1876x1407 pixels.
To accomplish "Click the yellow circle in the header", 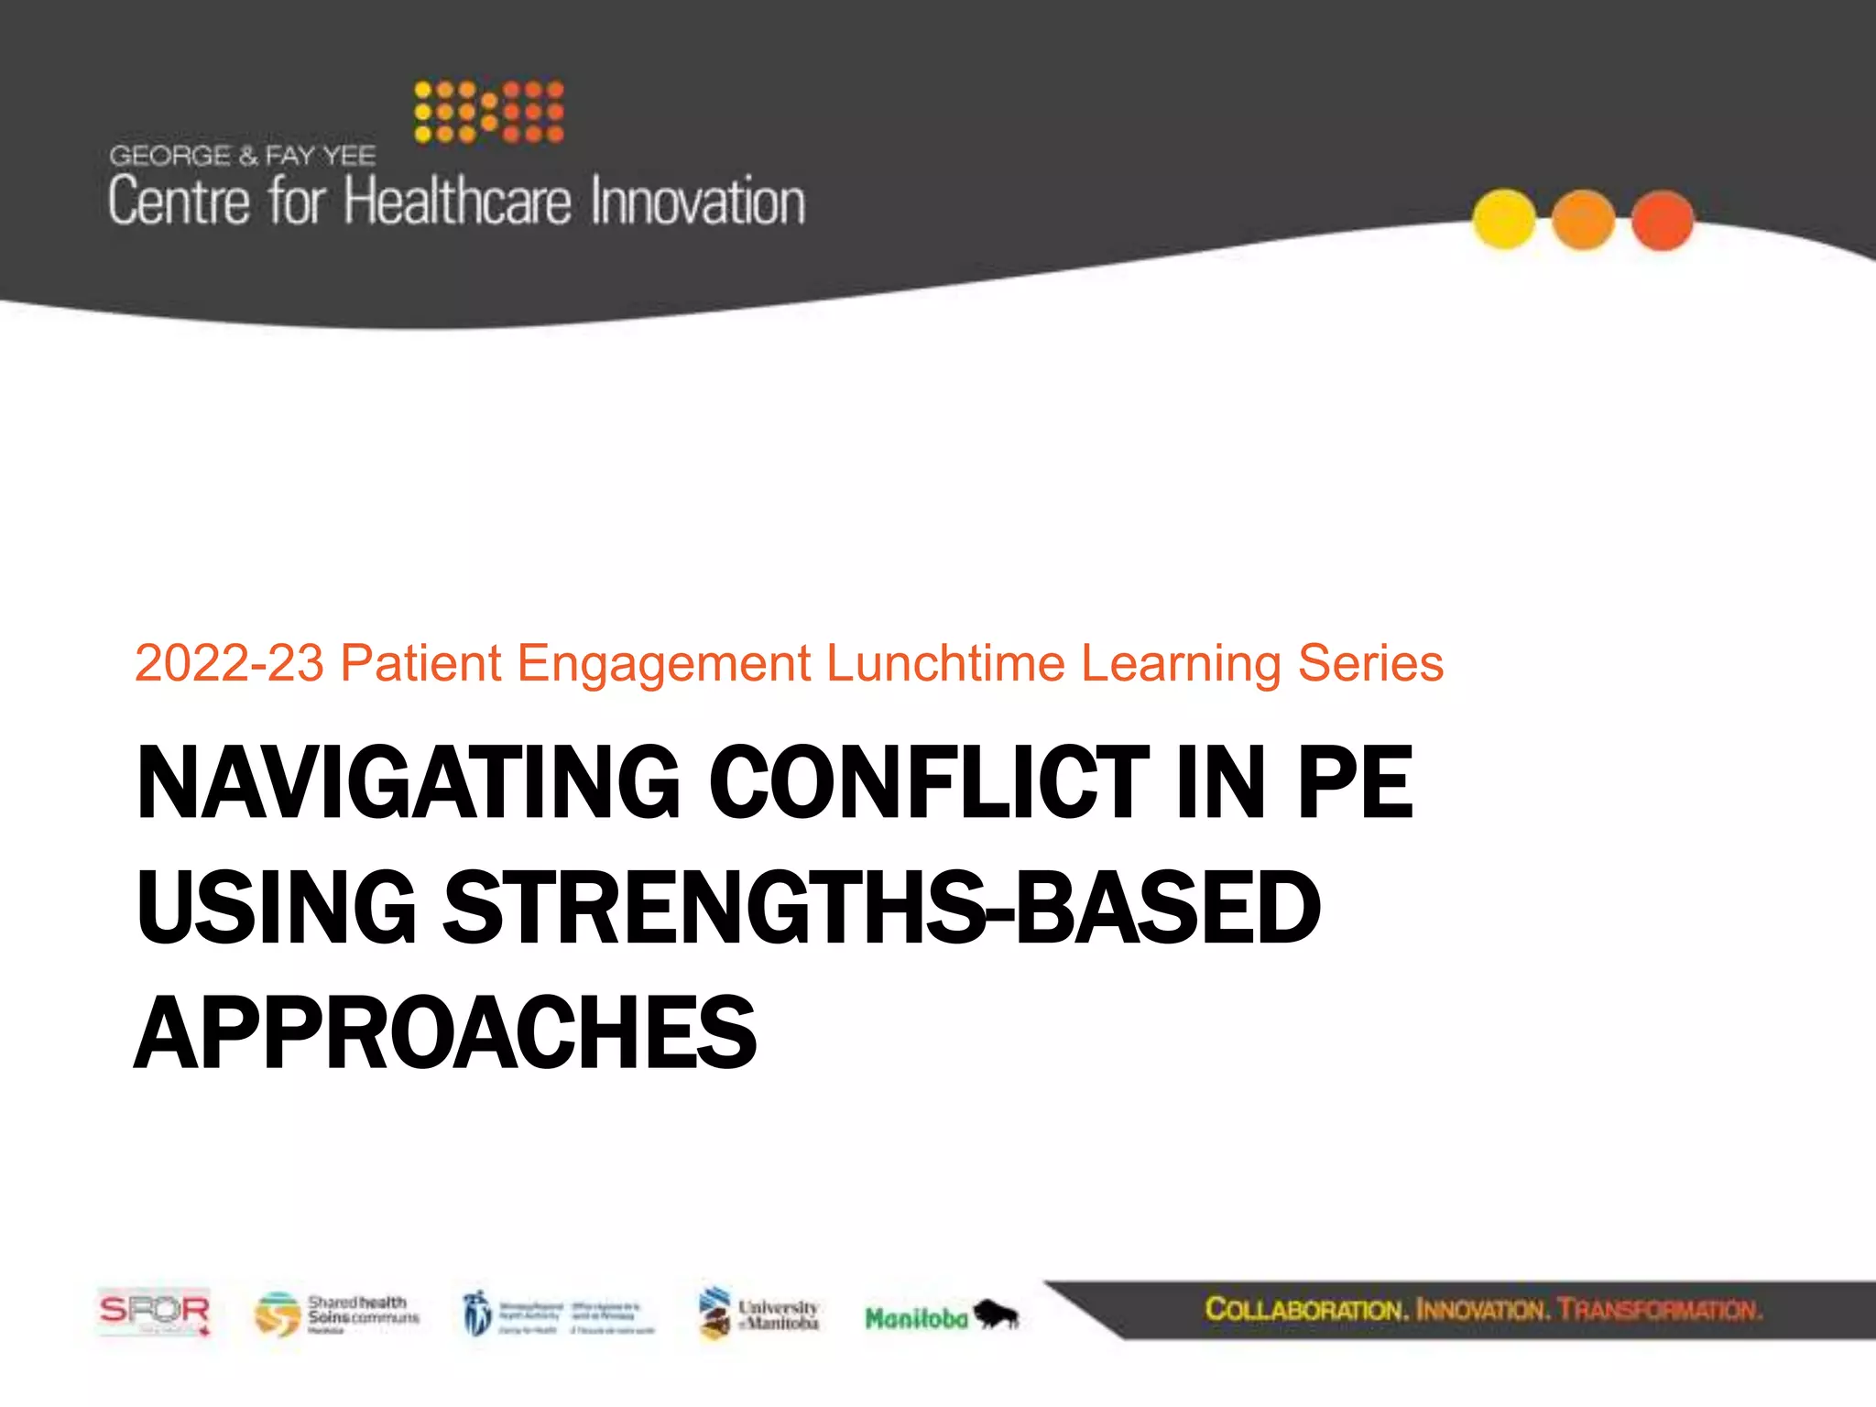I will tap(1504, 219).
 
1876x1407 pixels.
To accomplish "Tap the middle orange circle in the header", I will tap(1583, 220).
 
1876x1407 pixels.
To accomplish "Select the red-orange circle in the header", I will tap(1663, 220).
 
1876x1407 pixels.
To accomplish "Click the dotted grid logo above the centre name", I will tap(488, 112).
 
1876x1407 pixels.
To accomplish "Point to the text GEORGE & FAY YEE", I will tap(243, 156).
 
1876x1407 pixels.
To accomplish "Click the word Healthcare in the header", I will tap(457, 202).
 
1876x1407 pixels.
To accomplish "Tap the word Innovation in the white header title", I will tap(698, 202).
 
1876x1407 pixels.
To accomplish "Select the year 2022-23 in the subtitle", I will tap(229, 663).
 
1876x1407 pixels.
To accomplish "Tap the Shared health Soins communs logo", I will tap(337, 1314).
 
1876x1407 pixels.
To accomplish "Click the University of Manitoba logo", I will tap(758, 1314).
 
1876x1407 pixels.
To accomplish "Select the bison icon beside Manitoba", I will tap(997, 1315).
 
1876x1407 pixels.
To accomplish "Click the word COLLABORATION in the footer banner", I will tap(1304, 1309).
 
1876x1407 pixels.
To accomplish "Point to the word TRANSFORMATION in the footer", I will tap(1659, 1309).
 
